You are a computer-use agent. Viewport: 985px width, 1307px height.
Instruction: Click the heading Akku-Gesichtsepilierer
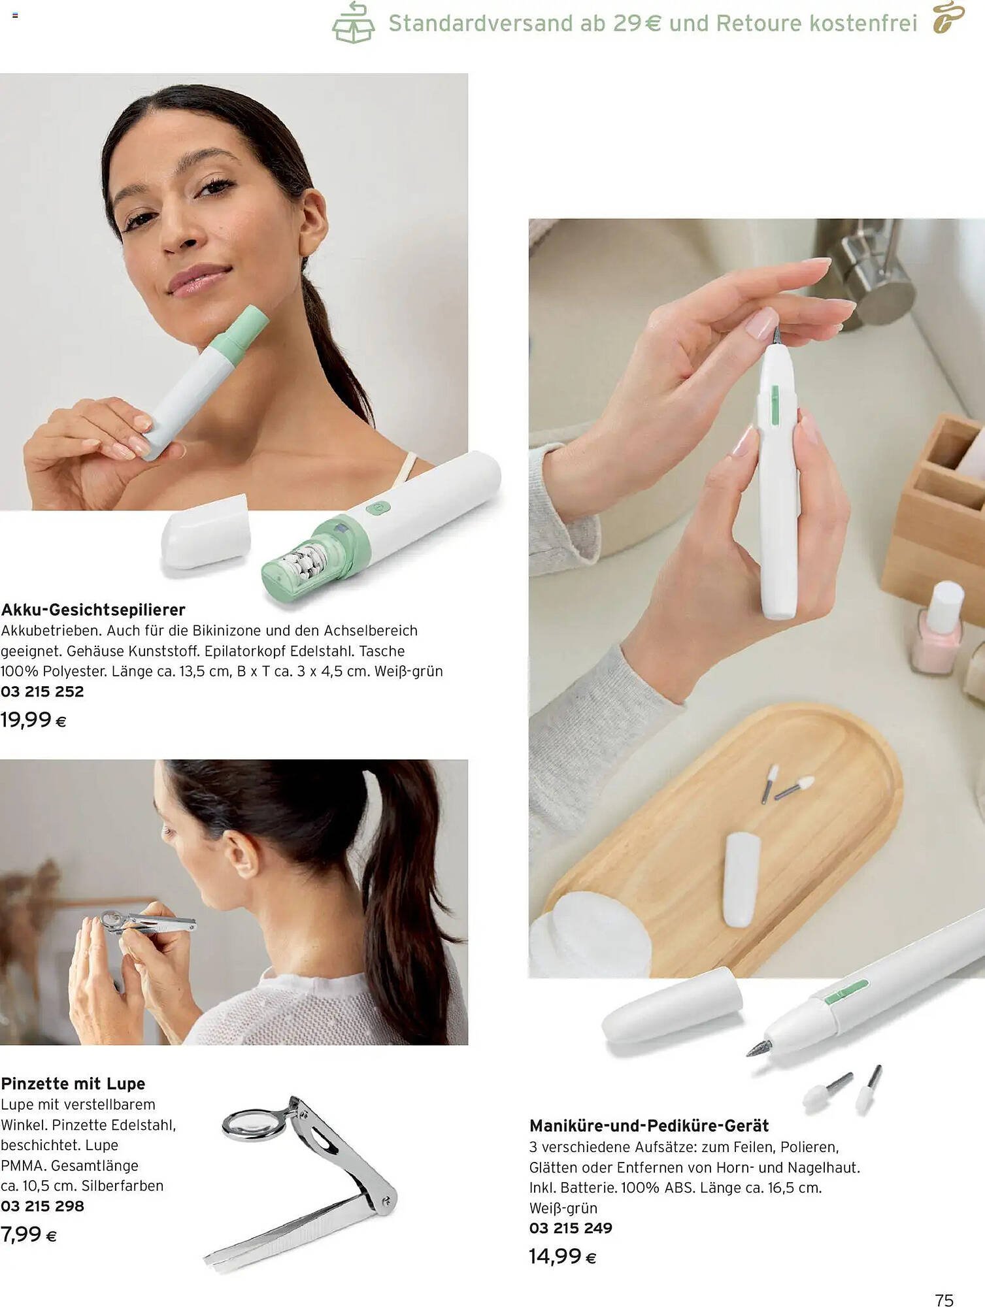point(93,610)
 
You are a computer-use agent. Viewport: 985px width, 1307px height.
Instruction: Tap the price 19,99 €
point(33,720)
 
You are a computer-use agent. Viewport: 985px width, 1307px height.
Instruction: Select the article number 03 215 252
point(42,691)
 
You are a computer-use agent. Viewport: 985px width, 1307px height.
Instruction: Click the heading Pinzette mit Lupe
point(73,1084)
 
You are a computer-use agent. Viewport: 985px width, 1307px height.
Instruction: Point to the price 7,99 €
point(29,1234)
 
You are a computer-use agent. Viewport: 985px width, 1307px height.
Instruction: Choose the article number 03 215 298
point(42,1206)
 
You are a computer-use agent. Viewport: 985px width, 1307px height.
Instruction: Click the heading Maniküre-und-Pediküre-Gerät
point(649,1125)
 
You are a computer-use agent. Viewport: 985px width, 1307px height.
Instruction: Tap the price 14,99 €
point(563,1256)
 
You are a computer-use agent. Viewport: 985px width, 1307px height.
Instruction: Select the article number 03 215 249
point(571,1228)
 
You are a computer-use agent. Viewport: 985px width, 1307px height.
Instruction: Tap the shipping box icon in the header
point(353,24)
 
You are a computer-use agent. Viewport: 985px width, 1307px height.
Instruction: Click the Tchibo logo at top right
point(948,18)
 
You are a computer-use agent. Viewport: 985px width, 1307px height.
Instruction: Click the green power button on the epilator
point(378,508)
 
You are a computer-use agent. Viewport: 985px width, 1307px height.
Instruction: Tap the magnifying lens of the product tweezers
point(250,1123)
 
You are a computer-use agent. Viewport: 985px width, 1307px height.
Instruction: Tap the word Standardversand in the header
point(480,24)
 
